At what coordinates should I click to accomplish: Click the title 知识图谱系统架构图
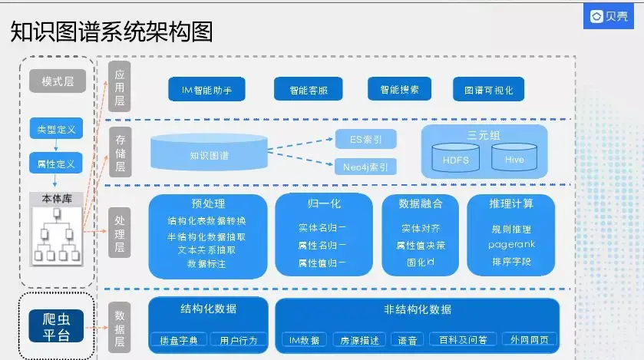[112, 32]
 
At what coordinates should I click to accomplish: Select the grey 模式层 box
[56, 81]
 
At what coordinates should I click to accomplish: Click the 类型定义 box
[56, 129]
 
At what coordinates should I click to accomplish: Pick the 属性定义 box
[56, 163]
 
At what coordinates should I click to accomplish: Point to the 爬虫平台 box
[55, 325]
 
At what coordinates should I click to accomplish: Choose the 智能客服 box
[307, 90]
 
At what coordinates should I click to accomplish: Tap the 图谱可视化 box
[488, 90]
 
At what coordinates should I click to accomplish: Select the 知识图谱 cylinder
[209, 154]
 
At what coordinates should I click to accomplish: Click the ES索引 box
[365, 139]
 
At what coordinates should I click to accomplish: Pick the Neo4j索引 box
[365, 167]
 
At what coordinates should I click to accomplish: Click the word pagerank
[511, 245]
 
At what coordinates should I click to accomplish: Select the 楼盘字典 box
[178, 339]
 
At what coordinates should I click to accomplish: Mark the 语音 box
[408, 339]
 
